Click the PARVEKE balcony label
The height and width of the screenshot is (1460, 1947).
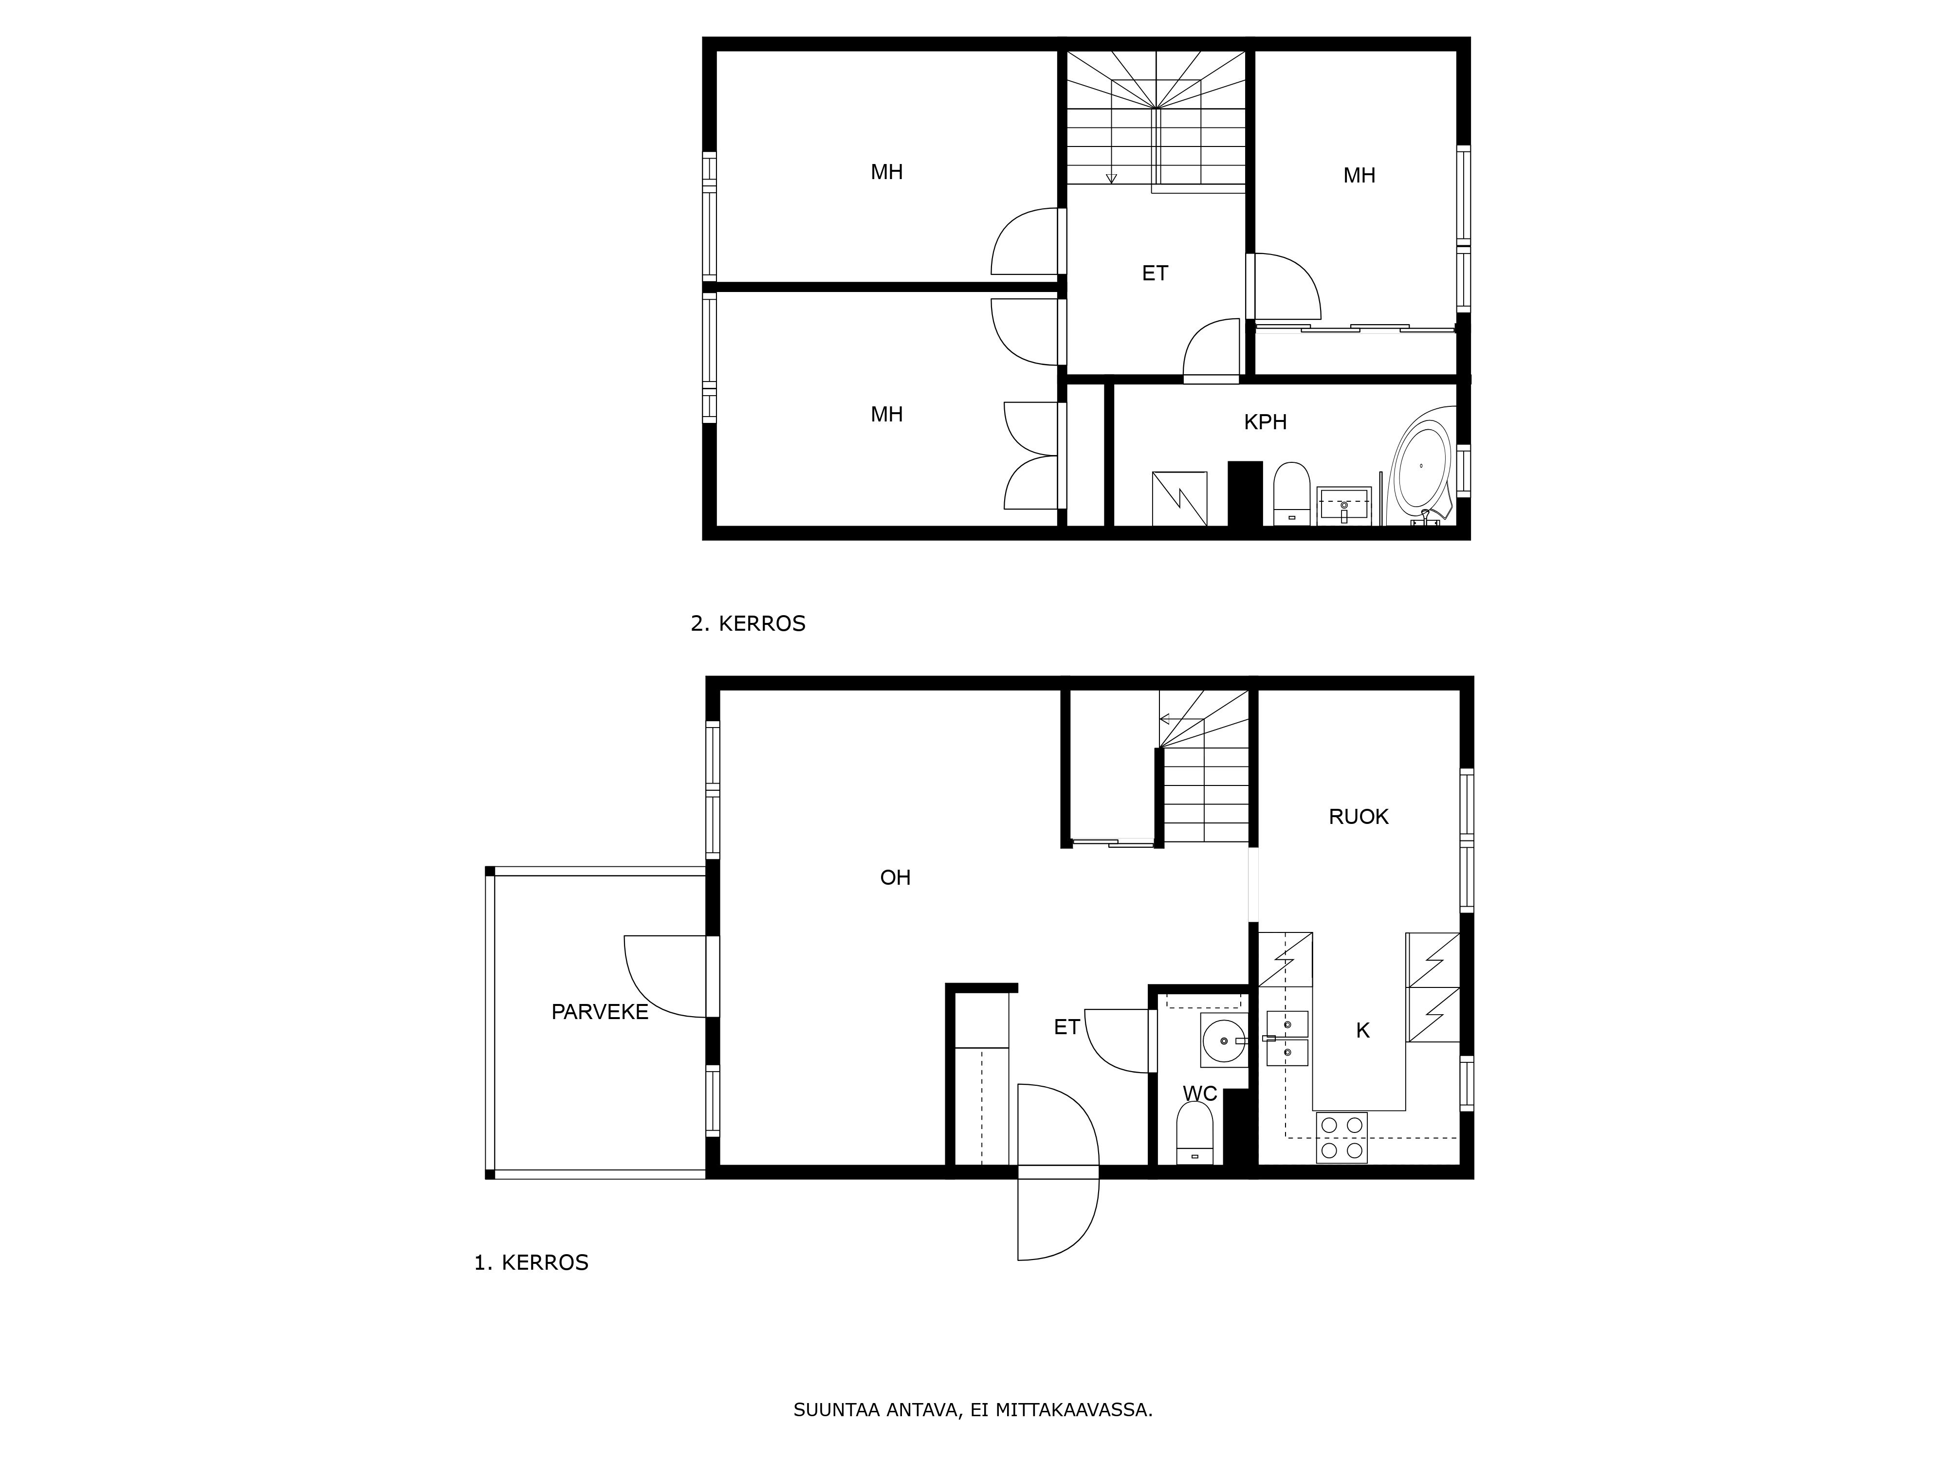click(599, 1012)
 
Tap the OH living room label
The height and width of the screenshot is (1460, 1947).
click(895, 877)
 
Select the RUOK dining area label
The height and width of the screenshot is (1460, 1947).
click(1358, 817)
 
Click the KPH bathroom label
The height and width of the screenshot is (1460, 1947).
click(1265, 422)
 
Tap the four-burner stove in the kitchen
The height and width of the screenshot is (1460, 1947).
click(1341, 1138)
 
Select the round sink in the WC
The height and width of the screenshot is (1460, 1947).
click(1224, 1041)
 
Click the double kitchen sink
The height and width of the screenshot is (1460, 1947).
click(1287, 1039)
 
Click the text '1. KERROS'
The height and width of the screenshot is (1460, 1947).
click(531, 1263)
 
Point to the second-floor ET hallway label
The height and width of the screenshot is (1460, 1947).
click(1155, 274)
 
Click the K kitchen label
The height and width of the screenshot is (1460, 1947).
click(1362, 1031)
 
